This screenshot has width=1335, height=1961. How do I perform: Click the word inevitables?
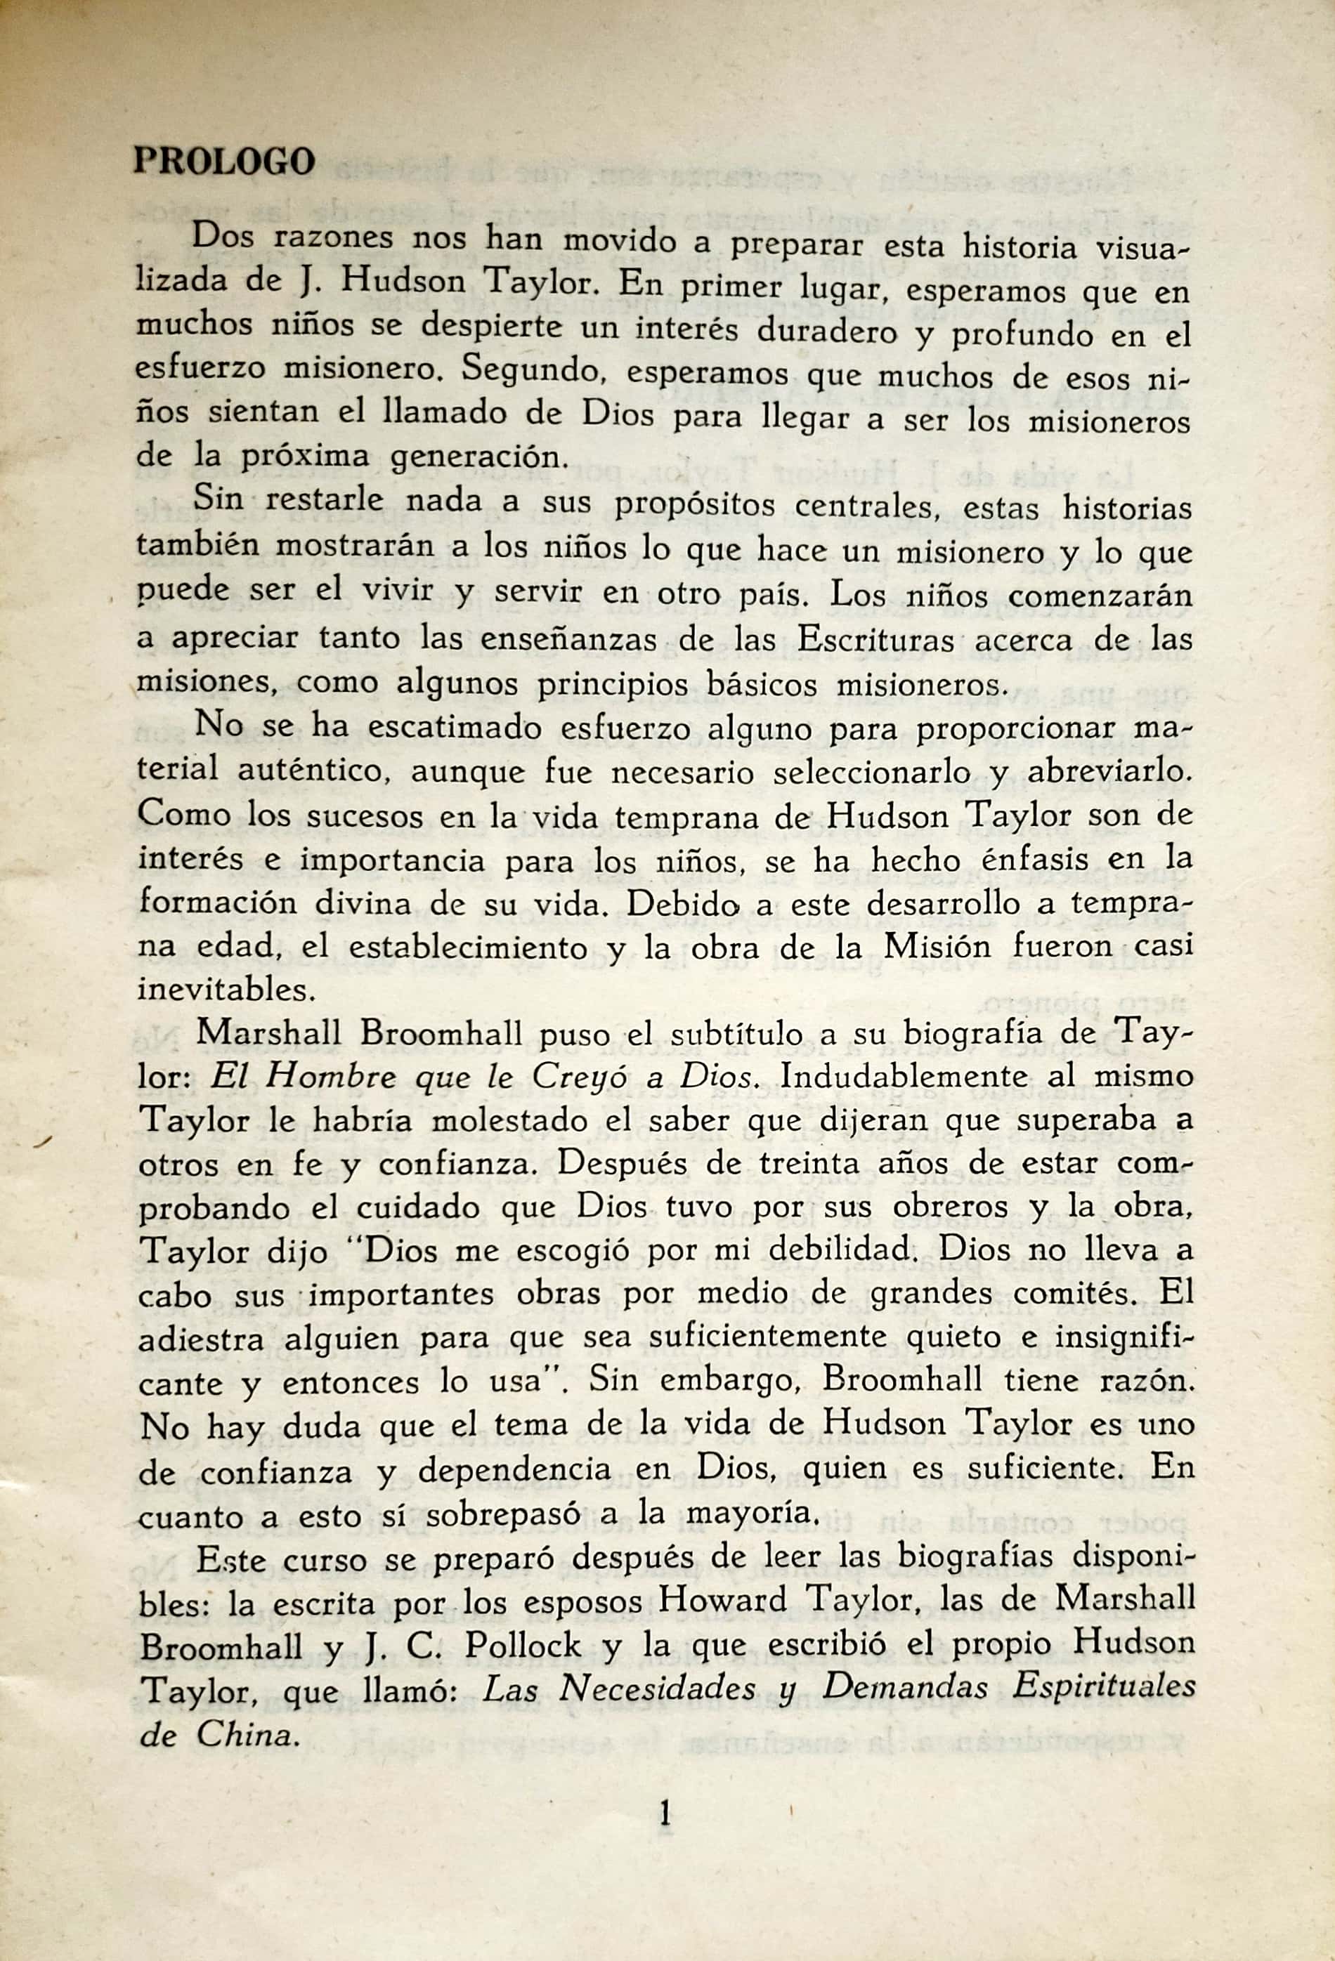coord(226,988)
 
